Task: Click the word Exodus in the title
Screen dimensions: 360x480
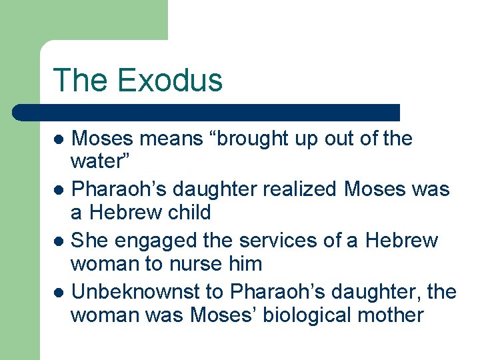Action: coord(169,80)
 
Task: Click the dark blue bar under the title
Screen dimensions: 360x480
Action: coord(207,112)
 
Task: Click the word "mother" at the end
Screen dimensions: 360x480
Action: coord(391,315)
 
